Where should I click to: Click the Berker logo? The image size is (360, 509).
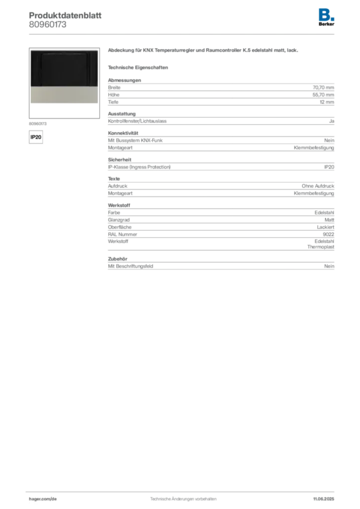(x=326, y=17)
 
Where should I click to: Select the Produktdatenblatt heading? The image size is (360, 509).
(x=65, y=15)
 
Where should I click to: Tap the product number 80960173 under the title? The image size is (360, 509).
(x=48, y=25)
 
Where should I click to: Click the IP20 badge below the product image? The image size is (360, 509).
(x=36, y=137)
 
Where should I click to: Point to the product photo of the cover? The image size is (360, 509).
(x=64, y=83)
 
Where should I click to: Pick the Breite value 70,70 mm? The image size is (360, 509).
(x=323, y=87)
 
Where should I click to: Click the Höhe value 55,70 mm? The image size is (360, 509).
(x=323, y=95)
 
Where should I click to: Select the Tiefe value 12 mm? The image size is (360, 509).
(x=327, y=102)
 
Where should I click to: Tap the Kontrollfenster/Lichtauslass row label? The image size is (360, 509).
(x=137, y=121)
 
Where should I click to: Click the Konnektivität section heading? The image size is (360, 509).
(x=123, y=133)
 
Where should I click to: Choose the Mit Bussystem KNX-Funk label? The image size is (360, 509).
(x=135, y=140)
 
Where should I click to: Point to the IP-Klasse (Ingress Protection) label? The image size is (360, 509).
(x=139, y=167)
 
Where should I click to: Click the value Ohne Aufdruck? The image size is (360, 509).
(x=318, y=186)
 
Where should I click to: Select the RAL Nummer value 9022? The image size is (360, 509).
(x=329, y=235)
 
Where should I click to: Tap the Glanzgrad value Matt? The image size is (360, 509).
(x=330, y=220)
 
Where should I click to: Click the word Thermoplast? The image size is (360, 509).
(x=321, y=247)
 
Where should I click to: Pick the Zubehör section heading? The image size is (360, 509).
(x=117, y=258)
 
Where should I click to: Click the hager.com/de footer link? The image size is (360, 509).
(x=43, y=499)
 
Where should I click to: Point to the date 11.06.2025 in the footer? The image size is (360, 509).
(x=324, y=499)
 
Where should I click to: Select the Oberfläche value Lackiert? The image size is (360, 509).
(x=326, y=227)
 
